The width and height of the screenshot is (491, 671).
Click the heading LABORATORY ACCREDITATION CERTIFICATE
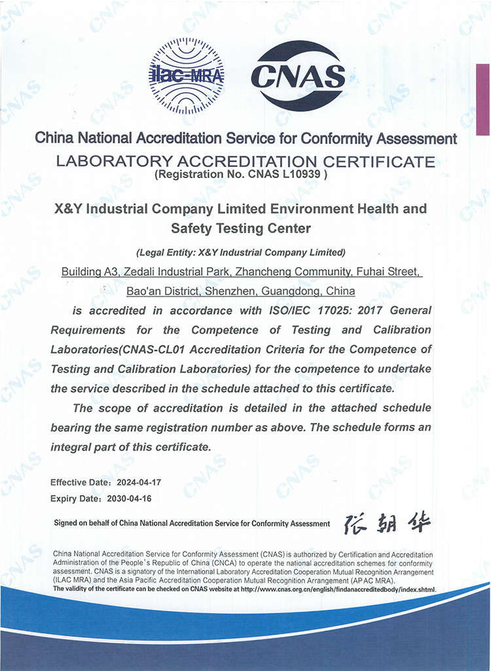245,160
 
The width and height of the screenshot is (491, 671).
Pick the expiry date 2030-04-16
138,498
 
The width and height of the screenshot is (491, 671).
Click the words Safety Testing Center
240,228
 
